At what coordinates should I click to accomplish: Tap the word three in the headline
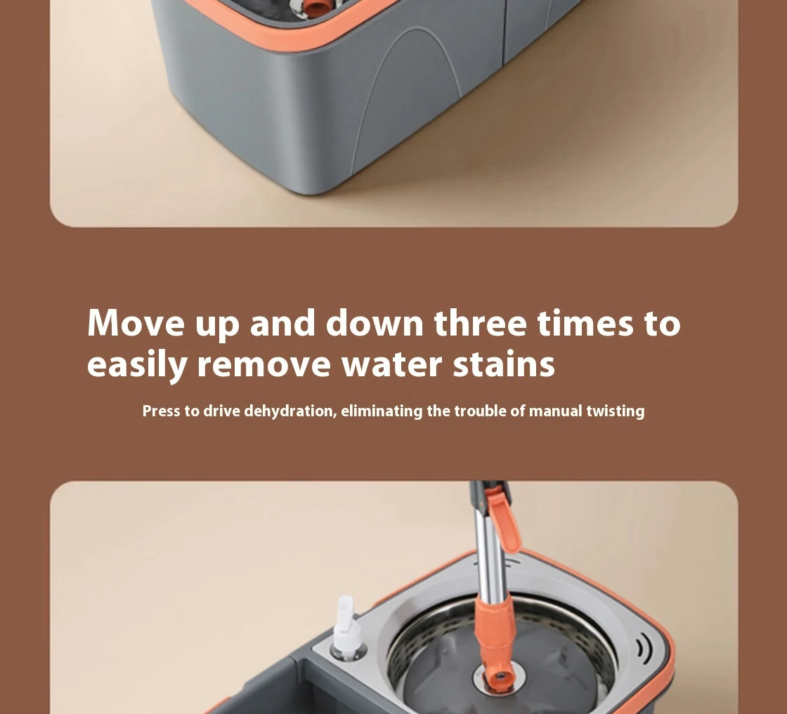point(480,323)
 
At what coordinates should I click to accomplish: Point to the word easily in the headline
point(138,365)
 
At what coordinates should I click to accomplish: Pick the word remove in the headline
point(264,365)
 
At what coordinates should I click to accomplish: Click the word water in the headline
point(392,365)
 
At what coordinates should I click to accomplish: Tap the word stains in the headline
point(504,365)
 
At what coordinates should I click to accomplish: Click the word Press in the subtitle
point(162,411)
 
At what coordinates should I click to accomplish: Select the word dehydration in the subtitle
point(290,411)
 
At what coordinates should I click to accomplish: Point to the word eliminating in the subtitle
point(382,411)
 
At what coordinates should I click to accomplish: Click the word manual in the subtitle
point(556,411)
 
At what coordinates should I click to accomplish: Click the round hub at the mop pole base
point(500,677)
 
